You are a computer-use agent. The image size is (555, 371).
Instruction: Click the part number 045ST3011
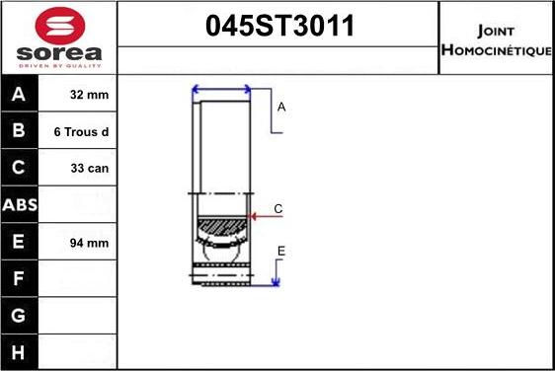tap(279, 26)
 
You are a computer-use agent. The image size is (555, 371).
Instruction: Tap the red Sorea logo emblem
tap(60, 26)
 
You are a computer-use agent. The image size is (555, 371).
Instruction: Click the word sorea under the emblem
tap(59, 53)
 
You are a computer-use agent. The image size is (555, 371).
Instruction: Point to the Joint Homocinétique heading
tap(497, 40)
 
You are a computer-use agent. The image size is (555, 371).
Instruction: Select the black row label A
tap(19, 94)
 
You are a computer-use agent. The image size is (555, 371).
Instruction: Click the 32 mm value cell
tap(89, 95)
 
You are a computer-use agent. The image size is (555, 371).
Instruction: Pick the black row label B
tap(19, 130)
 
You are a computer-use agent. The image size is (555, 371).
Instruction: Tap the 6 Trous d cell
tap(81, 132)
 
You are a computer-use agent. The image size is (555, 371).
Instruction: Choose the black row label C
tap(19, 168)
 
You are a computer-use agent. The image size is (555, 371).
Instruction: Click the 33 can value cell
tap(90, 169)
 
